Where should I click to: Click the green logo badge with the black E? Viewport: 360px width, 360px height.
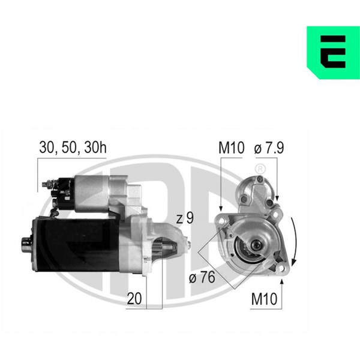pos(334,53)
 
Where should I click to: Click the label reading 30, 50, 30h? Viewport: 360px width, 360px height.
pos(73,147)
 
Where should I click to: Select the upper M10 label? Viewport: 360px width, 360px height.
pos(232,148)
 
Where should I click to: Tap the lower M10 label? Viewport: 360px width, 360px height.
pos(264,299)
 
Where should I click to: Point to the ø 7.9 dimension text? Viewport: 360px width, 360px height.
pos(269,148)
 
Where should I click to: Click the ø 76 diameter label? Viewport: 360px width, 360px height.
pos(202,277)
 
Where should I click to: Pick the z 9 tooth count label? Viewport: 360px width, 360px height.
pos(185,218)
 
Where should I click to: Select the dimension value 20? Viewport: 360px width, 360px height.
pos(134,298)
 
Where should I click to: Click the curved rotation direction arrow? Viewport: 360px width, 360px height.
pos(295,241)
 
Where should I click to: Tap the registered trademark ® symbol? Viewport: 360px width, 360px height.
pos(260,169)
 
